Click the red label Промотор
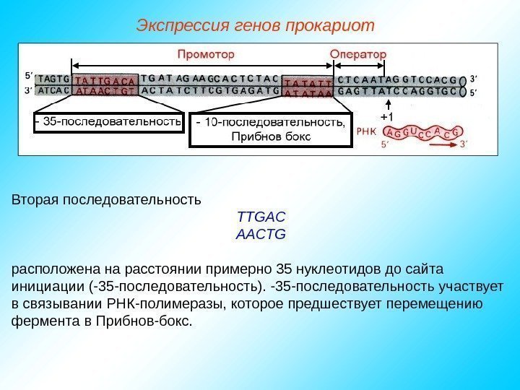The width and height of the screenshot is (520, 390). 206,54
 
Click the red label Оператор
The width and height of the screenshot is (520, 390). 357,54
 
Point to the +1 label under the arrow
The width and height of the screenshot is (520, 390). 386,116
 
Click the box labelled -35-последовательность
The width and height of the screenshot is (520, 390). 106,122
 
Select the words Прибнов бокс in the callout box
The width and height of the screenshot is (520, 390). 270,136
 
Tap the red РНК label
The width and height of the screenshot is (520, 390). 367,132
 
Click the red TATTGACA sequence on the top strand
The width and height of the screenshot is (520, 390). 105,80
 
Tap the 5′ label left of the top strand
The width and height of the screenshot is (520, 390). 28,74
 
